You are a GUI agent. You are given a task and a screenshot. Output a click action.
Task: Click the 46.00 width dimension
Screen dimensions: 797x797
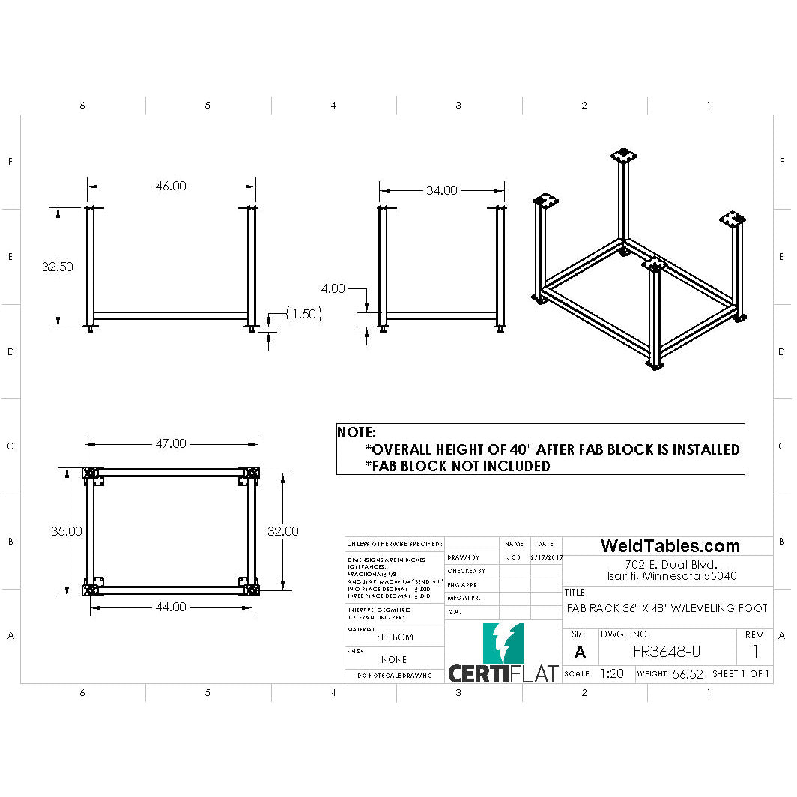(171, 187)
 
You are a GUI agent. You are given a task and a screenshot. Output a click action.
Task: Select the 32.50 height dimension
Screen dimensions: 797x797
(58, 267)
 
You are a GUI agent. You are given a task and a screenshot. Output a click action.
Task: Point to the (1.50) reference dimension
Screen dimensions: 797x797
(303, 314)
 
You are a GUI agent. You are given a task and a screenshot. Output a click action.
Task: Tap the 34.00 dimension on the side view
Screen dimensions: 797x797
(441, 191)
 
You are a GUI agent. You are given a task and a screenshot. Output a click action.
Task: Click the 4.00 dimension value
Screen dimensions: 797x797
(333, 288)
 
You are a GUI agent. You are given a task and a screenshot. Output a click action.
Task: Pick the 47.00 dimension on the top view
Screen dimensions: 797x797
(171, 443)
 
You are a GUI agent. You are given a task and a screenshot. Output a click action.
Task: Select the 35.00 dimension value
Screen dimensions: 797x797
(67, 531)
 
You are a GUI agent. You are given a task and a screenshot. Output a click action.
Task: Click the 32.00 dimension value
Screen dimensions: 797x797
(283, 531)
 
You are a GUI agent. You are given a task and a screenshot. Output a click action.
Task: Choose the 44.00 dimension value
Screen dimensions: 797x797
(171, 607)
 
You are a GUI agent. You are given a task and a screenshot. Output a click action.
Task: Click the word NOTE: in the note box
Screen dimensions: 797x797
(357, 433)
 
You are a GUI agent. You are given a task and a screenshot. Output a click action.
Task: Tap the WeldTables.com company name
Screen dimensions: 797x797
(670, 546)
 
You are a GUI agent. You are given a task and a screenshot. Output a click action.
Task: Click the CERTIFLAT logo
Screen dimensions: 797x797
(503, 655)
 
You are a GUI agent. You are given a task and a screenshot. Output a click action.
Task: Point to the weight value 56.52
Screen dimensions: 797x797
(688, 674)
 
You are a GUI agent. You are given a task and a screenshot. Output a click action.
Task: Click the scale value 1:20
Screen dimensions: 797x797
(612, 674)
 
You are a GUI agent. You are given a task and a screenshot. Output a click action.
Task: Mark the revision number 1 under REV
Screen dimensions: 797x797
(756, 652)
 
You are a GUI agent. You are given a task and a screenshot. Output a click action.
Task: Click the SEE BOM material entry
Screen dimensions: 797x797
(395, 637)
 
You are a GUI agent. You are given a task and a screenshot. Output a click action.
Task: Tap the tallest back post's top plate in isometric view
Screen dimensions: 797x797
(622, 156)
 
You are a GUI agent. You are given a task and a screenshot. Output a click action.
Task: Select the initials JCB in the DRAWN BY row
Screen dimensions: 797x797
(513, 557)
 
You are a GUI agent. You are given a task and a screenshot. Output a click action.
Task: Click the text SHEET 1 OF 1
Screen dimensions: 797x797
(741, 674)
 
